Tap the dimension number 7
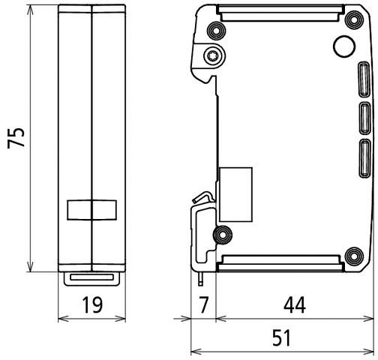pyautogui.click(x=202, y=306)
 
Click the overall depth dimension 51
pyautogui.click(x=280, y=337)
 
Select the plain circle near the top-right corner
pyautogui.click(x=343, y=46)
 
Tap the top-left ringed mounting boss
pyautogui.click(x=218, y=30)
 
